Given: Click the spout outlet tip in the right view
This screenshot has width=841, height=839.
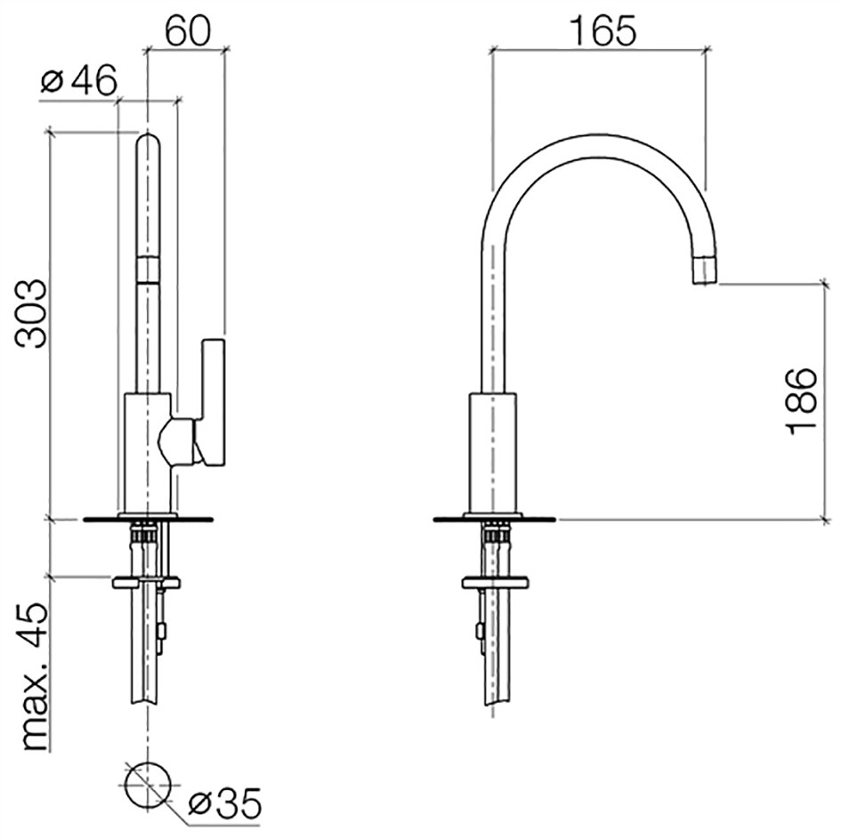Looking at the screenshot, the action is [x=706, y=271].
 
